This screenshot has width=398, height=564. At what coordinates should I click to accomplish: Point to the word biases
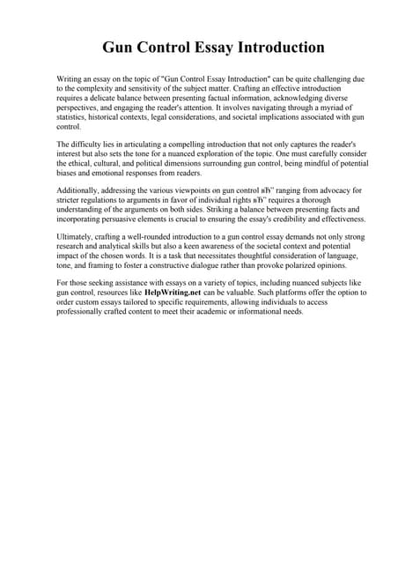click(70, 174)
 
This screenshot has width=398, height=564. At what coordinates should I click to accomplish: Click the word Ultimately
click(78, 237)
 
